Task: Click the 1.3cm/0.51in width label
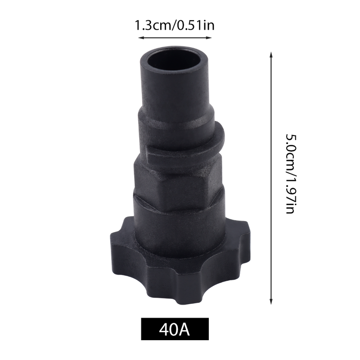coord(174,25)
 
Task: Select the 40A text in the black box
coord(175,330)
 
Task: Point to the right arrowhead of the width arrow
coord(209,38)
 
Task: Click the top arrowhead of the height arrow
coord(271,54)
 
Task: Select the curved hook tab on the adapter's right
coord(216,138)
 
